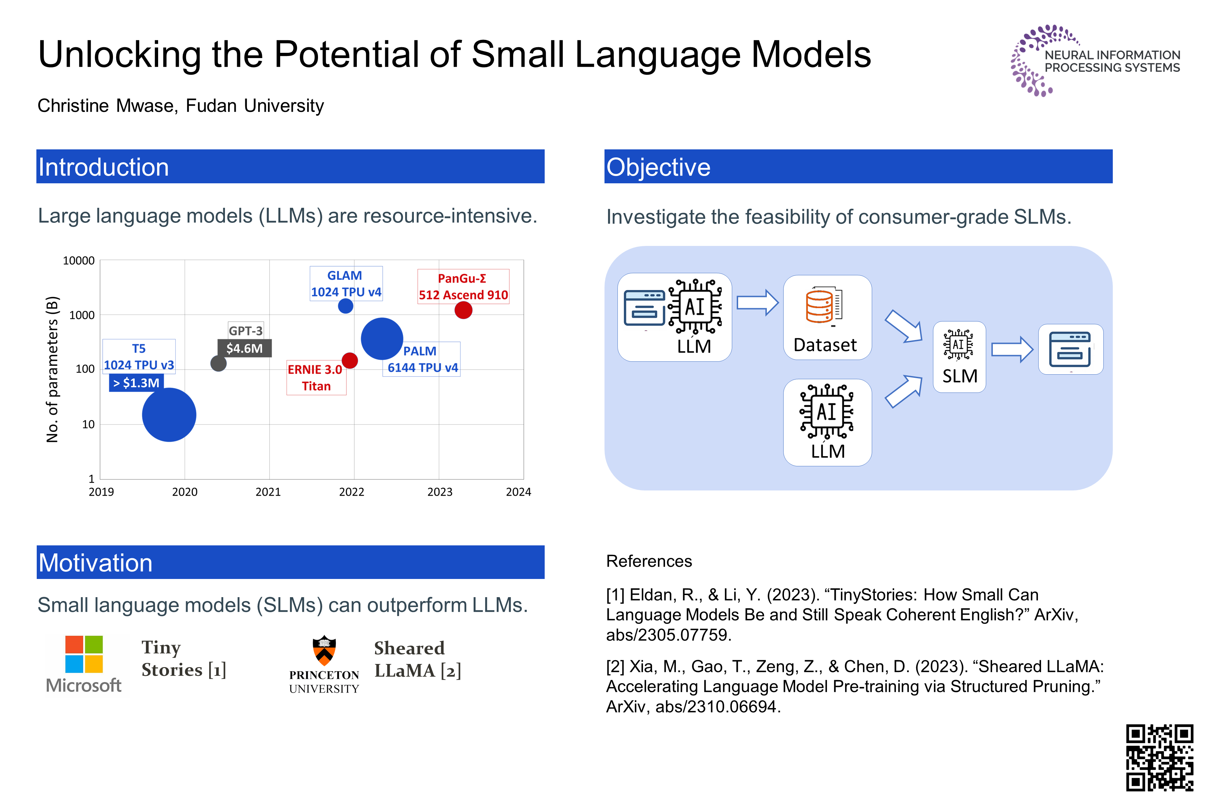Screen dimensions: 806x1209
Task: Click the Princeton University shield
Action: pyautogui.click(x=324, y=650)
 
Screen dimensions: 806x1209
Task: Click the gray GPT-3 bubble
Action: pyautogui.click(x=218, y=363)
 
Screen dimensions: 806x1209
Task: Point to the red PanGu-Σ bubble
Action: pyautogui.click(x=463, y=310)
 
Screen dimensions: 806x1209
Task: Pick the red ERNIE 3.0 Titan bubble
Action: pyautogui.click(x=349, y=360)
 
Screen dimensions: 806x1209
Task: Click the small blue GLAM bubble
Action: pyautogui.click(x=345, y=306)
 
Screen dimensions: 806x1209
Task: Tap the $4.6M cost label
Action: pyautogui.click(x=244, y=348)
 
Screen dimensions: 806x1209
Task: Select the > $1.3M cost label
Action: pyautogui.click(x=136, y=383)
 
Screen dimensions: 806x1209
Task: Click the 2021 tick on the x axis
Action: pyautogui.click(x=268, y=492)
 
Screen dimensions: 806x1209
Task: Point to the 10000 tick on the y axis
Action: pyautogui.click(x=79, y=261)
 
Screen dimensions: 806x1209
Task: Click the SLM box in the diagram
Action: pyautogui.click(x=959, y=357)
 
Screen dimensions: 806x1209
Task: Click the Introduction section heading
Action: pyautogui.click(x=104, y=167)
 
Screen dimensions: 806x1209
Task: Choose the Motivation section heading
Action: pyautogui.click(x=96, y=563)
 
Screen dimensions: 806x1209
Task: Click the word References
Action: pyautogui.click(x=649, y=561)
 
